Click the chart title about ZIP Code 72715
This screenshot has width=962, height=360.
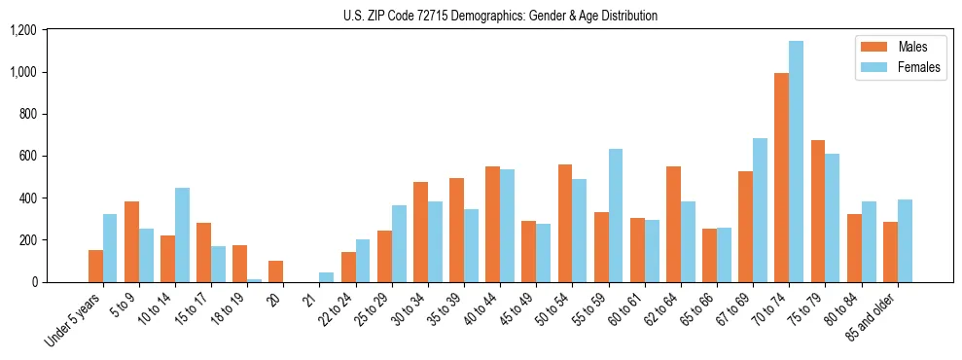pyautogui.click(x=500, y=16)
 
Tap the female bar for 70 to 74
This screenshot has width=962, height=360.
pyautogui.click(x=796, y=162)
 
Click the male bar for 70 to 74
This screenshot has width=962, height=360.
pyautogui.click(x=781, y=178)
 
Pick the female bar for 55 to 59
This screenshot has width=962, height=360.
pyautogui.click(x=615, y=216)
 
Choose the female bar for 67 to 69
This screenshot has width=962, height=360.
pyautogui.click(x=760, y=210)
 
